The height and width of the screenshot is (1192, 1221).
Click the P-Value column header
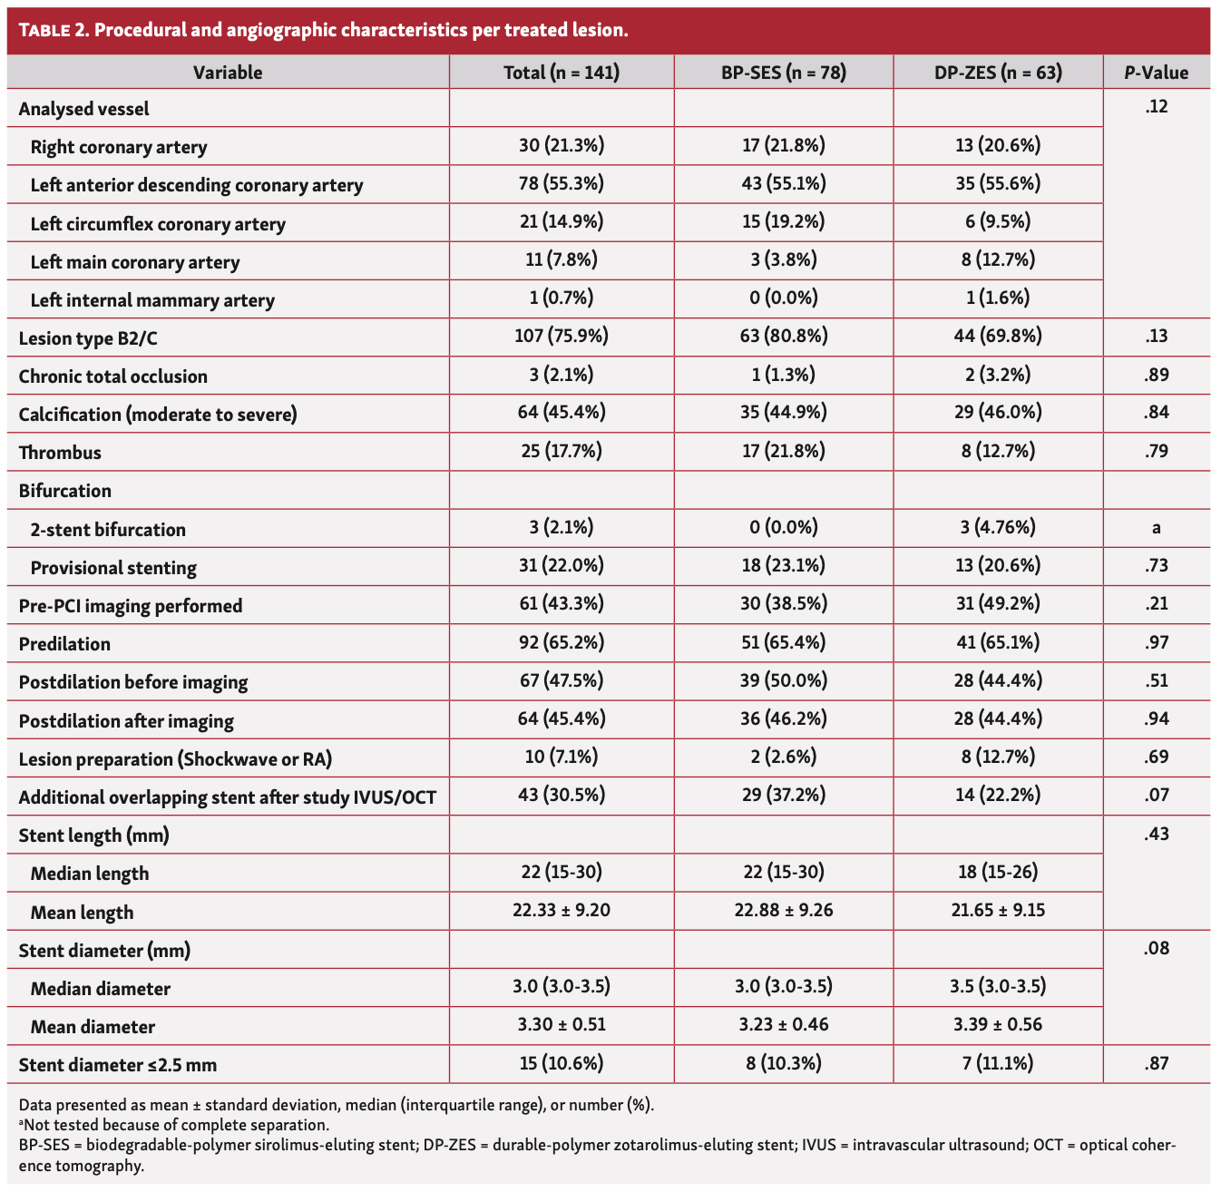click(x=1156, y=73)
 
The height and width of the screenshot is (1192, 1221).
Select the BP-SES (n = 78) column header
click(x=783, y=73)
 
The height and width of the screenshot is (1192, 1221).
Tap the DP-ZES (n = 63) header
click(x=998, y=73)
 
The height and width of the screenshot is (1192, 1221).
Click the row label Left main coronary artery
click(x=135, y=262)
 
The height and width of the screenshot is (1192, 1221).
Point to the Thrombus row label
click(x=60, y=453)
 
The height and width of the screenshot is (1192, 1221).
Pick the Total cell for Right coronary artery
click(x=562, y=145)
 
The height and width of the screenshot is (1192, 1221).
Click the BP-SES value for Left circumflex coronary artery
click(x=783, y=222)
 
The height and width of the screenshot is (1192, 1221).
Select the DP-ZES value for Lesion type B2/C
click(x=998, y=337)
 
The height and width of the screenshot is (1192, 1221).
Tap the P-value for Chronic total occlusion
click(x=1156, y=375)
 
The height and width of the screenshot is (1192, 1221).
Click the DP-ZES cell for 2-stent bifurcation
click(x=998, y=528)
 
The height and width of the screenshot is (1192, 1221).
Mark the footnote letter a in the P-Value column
click(x=1156, y=528)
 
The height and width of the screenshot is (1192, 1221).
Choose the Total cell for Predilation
click(x=562, y=642)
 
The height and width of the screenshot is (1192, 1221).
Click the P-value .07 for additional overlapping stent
click(x=1156, y=796)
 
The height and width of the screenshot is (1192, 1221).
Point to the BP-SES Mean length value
click(x=783, y=910)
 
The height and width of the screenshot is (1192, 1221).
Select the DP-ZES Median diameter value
click(x=998, y=987)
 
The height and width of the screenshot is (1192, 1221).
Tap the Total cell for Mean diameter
click(x=562, y=1025)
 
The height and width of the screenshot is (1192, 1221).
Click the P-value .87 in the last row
click(x=1156, y=1063)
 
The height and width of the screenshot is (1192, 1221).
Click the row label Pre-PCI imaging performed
click(x=131, y=606)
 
